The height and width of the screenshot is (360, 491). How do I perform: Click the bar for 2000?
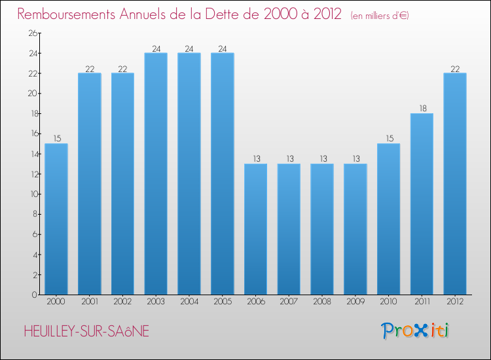(x=56, y=219)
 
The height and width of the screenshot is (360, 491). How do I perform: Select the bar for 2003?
(x=156, y=173)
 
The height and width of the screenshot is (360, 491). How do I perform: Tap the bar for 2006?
(x=255, y=228)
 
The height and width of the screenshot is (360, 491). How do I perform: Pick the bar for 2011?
(x=422, y=204)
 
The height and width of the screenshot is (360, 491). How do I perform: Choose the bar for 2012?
(x=454, y=183)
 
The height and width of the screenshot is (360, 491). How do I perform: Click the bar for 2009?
(x=355, y=228)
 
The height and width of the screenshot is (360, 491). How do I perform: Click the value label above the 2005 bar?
(x=222, y=48)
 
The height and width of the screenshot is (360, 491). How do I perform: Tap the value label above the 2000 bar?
(x=56, y=139)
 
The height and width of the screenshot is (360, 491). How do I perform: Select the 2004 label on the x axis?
(x=189, y=302)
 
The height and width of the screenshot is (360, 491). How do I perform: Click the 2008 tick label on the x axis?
(x=322, y=302)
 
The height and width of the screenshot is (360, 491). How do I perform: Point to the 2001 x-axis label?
(x=89, y=302)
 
